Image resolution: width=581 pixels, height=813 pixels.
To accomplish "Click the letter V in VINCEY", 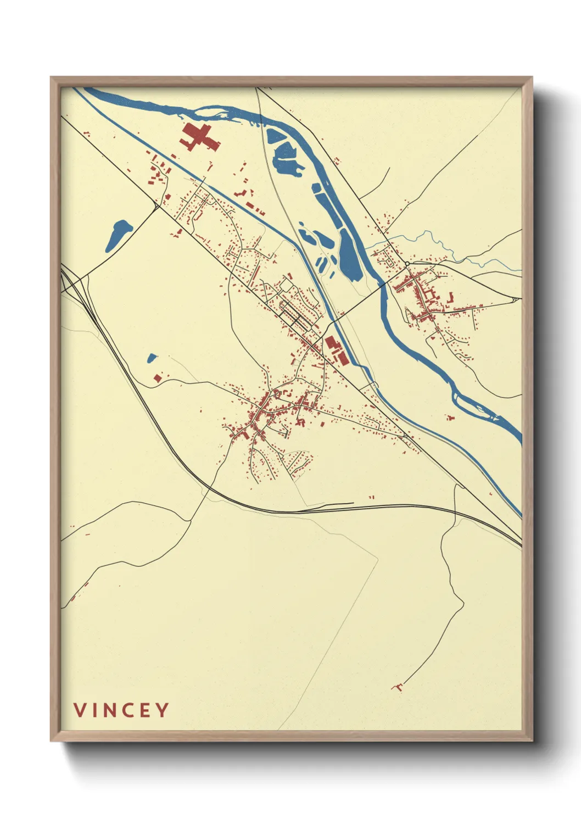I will point(80,710).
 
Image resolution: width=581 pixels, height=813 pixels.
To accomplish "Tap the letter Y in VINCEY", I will point(161,710).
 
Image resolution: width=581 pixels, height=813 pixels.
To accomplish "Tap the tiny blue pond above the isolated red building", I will point(152,358).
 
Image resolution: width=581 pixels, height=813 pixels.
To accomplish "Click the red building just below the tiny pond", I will point(158,378).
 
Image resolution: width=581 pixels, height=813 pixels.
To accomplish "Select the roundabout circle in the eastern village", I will point(407,264).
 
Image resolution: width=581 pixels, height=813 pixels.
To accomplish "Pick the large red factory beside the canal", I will point(336,350).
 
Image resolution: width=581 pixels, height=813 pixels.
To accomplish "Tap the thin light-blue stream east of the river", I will point(439,242).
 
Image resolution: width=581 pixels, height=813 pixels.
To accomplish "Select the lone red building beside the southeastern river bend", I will point(451,418).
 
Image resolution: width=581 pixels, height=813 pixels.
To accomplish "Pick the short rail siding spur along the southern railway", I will point(329,504).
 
